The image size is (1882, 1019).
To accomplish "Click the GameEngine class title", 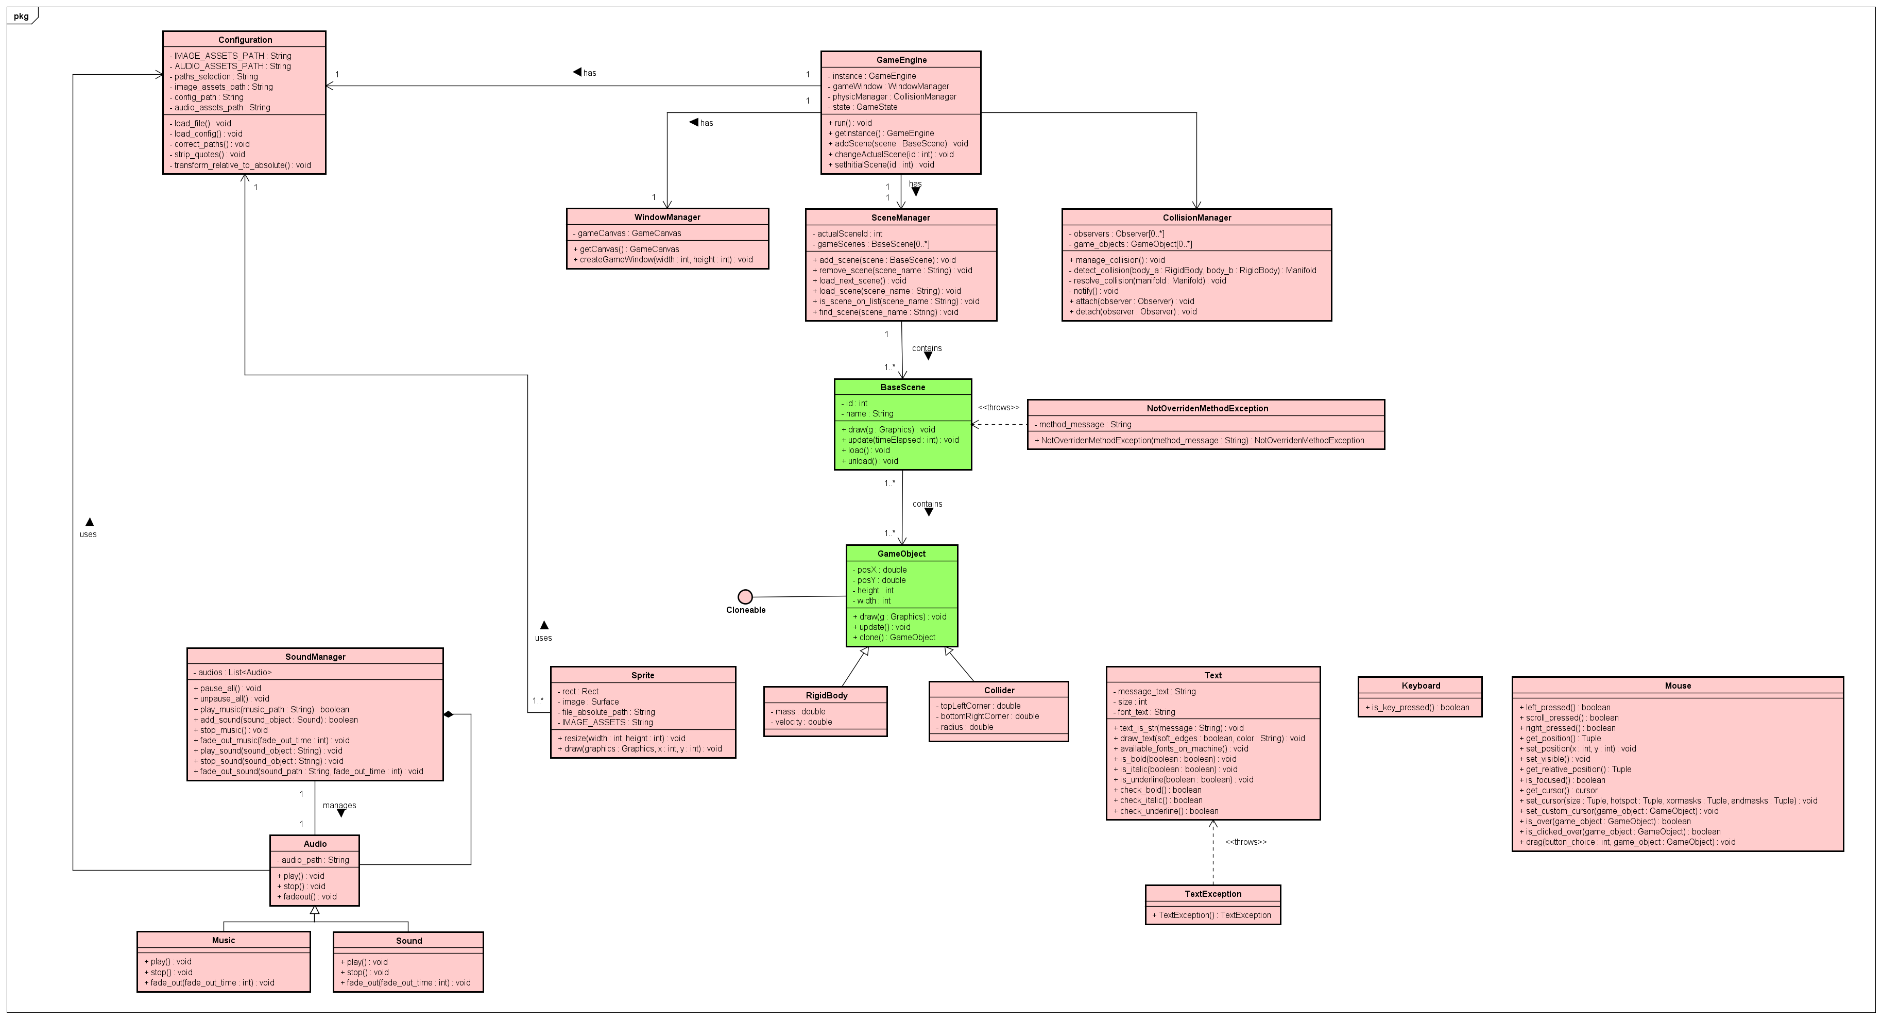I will (x=901, y=60).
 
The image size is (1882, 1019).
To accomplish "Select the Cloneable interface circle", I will (x=745, y=596).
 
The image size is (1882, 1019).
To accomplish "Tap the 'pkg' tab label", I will (x=21, y=16).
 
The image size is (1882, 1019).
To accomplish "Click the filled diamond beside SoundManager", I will (x=449, y=714).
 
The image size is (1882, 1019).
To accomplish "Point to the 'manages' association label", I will (x=339, y=806).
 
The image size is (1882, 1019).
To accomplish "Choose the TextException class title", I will (x=1213, y=894).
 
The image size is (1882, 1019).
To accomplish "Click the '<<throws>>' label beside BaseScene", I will (x=998, y=408).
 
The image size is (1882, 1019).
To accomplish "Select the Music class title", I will (x=224, y=941).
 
